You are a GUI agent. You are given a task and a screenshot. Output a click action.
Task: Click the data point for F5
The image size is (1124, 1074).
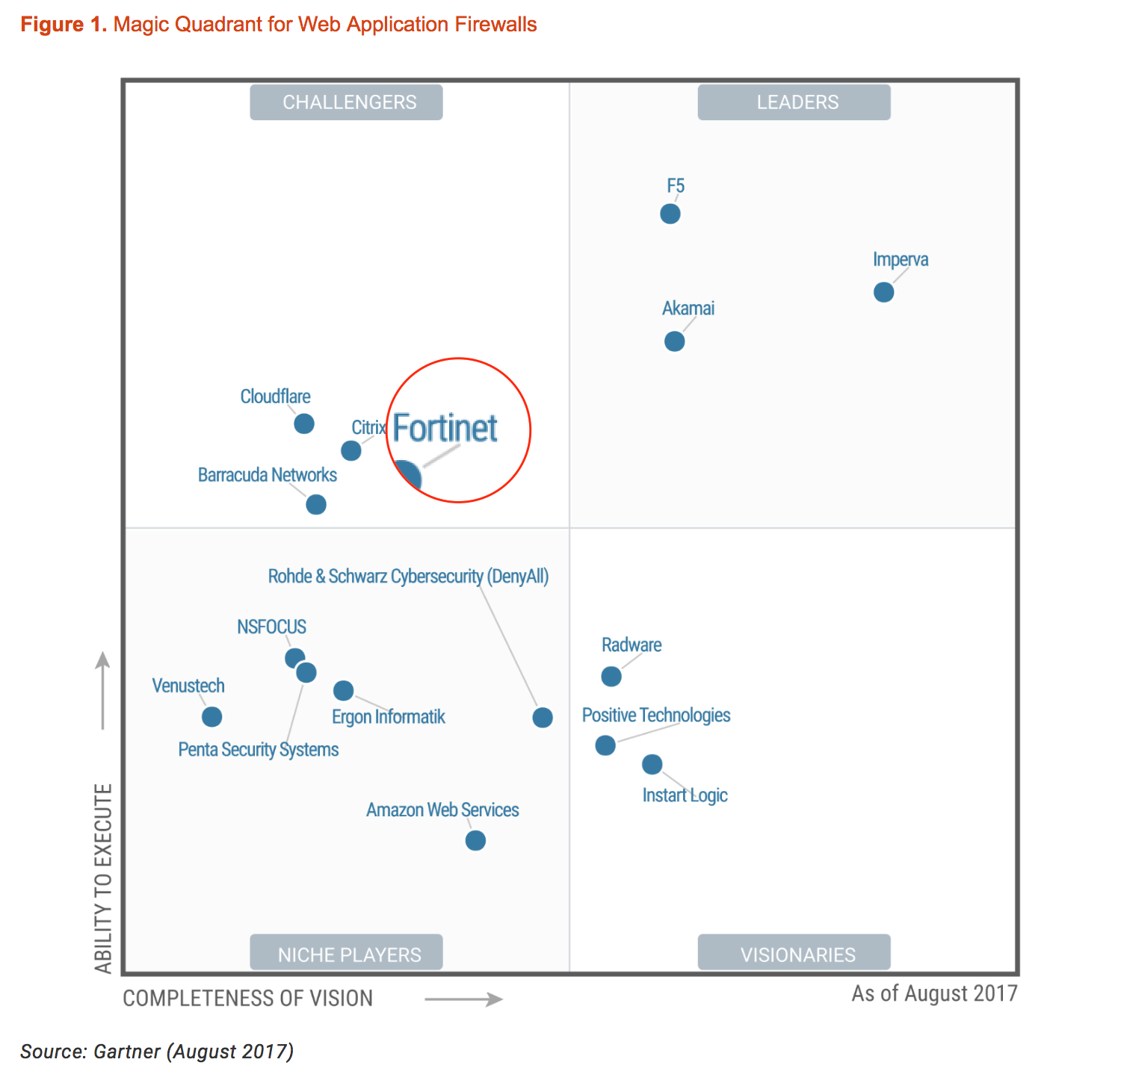click(670, 214)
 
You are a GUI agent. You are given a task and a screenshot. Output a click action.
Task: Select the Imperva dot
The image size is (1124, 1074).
click(883, 292)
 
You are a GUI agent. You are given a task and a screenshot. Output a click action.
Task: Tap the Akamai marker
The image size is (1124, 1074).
click(674, 341)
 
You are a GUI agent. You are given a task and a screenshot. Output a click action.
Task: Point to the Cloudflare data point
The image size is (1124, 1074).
click(304, 423)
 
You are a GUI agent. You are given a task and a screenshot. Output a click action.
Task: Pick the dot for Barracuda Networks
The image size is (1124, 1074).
click(316, 505)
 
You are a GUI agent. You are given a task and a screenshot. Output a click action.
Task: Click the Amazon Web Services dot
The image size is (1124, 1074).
click(475, 840)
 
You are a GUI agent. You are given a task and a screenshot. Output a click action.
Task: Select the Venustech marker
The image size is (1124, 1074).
click(212, 717)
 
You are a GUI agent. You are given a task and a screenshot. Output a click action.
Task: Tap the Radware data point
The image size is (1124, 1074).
click(611, 677)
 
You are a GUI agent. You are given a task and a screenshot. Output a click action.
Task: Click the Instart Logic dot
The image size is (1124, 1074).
click(652, 764)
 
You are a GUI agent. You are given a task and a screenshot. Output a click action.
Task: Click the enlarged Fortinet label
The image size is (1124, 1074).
click(445, 429)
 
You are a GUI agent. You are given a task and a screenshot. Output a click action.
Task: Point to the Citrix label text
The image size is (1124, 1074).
click(368, 428)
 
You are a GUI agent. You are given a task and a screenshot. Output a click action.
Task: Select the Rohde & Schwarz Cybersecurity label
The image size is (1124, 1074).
click(408, 577)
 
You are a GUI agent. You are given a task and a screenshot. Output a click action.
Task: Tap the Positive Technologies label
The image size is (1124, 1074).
click(656, 716)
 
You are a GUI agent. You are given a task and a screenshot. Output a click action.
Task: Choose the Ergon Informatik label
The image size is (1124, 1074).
click(389, 717)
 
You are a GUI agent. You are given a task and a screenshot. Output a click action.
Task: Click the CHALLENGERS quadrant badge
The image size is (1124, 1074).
click(347, 102)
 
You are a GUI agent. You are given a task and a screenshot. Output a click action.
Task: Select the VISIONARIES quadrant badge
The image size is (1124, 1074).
click(794, 953)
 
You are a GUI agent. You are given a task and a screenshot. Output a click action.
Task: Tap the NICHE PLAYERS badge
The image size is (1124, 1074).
click(347, 953)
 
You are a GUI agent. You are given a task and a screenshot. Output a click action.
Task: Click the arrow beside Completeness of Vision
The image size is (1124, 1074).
click(463, 999)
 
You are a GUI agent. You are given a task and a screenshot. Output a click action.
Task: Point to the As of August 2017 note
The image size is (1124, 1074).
click(934, 993)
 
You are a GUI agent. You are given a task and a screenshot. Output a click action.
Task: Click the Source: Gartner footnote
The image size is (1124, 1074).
click(157, 1052)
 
